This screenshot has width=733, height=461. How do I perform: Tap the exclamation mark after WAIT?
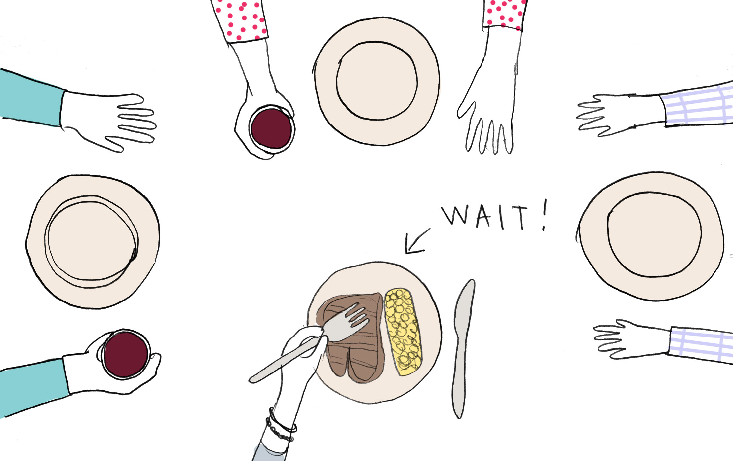tap(544, 215)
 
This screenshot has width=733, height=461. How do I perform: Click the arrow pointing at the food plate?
tap(417, 241)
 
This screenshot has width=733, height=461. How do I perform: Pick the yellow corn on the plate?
tap(403, 332)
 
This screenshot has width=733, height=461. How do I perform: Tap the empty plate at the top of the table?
tap(376, 81)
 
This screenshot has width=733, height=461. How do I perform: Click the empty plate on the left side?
tap(93, 242)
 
